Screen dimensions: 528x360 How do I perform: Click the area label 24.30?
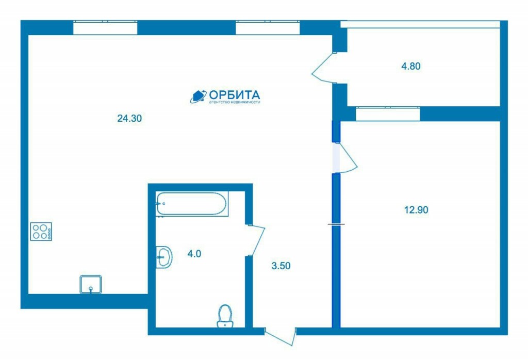point(129,118)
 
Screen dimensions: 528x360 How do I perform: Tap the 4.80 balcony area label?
point(411,66)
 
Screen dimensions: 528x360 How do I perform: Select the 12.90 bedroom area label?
point(416,210)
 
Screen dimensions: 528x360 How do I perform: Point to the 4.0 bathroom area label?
point(194,254)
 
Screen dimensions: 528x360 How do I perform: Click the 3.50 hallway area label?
point(281,266)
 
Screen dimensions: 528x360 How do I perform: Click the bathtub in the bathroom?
point(192,204)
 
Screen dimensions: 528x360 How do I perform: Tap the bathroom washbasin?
point(164,257)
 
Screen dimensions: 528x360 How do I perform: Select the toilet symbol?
point(225,316)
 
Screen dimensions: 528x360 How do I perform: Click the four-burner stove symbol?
point(41,232)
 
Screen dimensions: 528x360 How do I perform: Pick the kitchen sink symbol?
point(91,284)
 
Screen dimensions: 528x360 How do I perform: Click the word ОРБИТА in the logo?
point(235,94)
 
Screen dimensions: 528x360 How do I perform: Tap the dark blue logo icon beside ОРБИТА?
point(198,96)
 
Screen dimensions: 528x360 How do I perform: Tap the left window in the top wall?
point(105,28)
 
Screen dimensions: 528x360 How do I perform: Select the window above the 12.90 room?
point(388,114)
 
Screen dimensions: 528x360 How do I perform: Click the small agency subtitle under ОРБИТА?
point(235,102)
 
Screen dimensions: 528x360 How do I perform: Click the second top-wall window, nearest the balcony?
point(268,28)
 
